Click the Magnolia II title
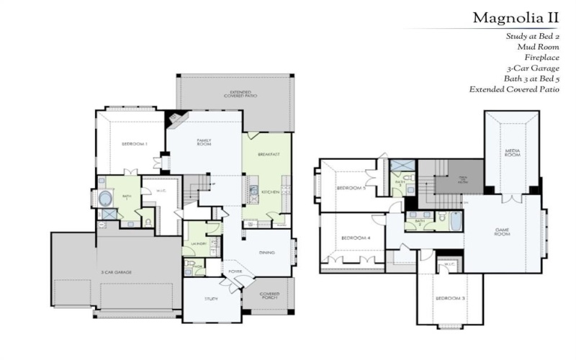pos(516,17)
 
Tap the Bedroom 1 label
pos(134,144)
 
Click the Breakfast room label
pos(270,155)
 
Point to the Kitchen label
pos(270,192)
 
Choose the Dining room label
pos(267,252)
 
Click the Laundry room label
pos(199,243)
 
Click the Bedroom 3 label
pos(451,298)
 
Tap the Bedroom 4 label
pos(355,238)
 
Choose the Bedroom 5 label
pos(352,189)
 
